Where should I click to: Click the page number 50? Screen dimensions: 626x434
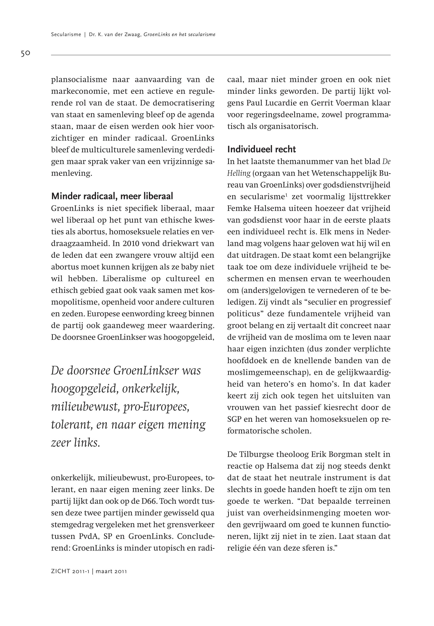[26, 53]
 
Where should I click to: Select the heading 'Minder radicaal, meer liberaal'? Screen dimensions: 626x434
[112, 196]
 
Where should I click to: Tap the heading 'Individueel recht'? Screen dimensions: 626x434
[261, 149]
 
